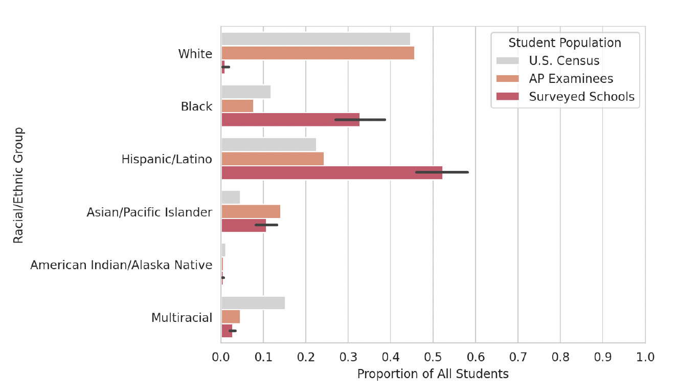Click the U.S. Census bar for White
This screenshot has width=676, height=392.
316,39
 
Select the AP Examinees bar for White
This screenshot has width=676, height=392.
318,53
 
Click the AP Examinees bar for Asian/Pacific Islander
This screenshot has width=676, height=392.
251,211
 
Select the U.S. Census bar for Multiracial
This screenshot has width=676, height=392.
253,303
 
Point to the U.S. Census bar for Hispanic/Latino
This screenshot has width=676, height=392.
268,145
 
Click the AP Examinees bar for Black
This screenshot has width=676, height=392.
237,106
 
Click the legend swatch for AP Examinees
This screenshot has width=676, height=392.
507,79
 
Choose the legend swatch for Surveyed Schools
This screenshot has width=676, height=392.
507,97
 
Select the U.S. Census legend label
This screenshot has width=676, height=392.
564,61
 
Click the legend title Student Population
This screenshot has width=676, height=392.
565,43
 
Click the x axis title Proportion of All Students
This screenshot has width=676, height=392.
433,374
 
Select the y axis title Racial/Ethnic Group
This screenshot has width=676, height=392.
18,185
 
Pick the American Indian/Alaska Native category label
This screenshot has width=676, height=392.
121,265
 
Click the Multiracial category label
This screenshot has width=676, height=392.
182,318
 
